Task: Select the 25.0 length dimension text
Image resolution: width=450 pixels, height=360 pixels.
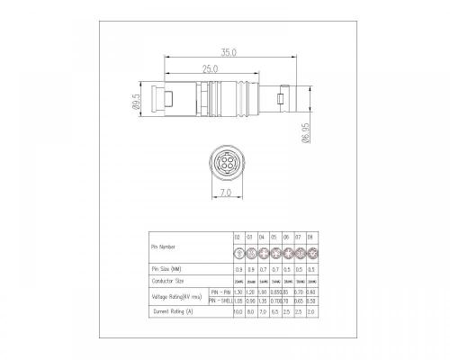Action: click(x=209, y=68)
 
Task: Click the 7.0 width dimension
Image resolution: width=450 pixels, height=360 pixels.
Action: click(x=225, y=193)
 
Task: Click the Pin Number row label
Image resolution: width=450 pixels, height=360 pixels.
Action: click(x=165, y=246)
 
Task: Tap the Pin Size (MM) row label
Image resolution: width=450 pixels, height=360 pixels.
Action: click(x=170, y=269)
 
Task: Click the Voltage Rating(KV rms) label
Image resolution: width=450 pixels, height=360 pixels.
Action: click(x=176, y=296)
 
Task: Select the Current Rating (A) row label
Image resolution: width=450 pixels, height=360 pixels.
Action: click(x=173, y=312)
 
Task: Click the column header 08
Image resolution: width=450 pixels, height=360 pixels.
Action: click(x=310, y=237)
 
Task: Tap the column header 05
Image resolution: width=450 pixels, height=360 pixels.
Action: click(x=274, y=237)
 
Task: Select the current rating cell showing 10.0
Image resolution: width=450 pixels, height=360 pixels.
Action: click(x=238, y=312)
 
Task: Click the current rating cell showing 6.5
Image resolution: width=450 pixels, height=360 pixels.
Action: click(x=274, y=312)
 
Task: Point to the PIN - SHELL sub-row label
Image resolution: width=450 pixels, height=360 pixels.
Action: click(x=221, y=301)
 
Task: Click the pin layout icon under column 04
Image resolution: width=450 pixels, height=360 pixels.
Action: click(x=262, y=253)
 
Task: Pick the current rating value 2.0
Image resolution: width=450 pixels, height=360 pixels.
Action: click(x=310, y=312)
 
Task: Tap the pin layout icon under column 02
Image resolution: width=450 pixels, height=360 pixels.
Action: click(x=238, y=253)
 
